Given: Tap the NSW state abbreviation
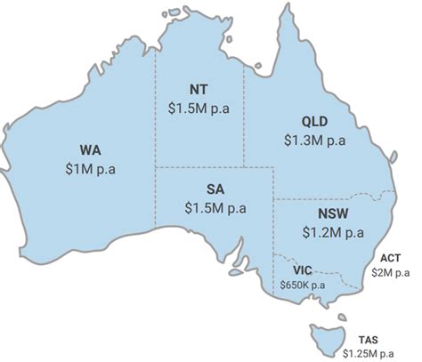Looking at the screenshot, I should click(x=332, y=215).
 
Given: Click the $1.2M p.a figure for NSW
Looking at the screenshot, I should click(x=332, y=233).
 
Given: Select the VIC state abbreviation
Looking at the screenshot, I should click(x=303, y=269).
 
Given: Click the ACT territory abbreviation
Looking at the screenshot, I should click(x=389, y=257).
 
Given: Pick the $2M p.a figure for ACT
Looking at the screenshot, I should click(x=389, y=272).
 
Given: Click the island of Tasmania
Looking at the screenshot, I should click(x=325, y=335).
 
